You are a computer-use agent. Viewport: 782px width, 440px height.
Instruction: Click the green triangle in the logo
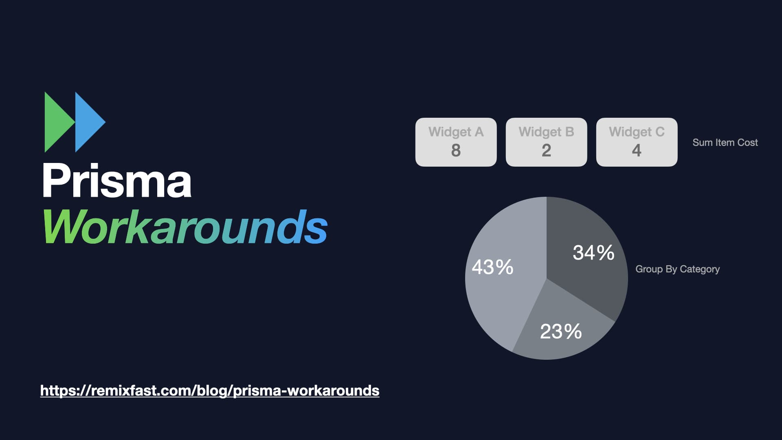pyautogui.click(x=57, y=122)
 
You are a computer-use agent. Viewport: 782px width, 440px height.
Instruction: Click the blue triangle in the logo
pyautogui.click(x=88, y=122)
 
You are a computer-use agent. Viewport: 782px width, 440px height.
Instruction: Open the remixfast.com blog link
pyautogui.click(x=210, y=391)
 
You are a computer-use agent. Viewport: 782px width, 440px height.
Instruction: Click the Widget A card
pyautogui.click(x=456, y=142)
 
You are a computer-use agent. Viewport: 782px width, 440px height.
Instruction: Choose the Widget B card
pyautogui.click(x=547, y=142)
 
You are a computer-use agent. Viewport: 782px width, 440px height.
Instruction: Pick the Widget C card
pyautogui.click(x=637, y=142)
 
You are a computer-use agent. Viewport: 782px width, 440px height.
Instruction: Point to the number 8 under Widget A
pyautogui.click(x=456, y=150)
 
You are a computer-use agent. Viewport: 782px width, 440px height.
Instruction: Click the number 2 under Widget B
pyautogui.click(x=547, y=150)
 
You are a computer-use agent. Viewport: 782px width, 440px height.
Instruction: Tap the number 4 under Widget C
pyautogui.click(x=637, y=150)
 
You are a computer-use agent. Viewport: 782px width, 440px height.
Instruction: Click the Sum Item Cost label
pyautogui.click(x=725, y=143)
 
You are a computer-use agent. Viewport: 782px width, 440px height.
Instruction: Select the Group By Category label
pyautogui.click(x=678, y=269)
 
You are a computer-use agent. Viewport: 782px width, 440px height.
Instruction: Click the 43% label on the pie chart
pyautogui.click(x=492, y=267)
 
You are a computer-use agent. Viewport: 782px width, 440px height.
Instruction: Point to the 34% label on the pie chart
pyautogui.click(x=593, y=253)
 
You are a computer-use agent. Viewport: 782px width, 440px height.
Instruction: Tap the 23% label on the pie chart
pyautogui.click(x=561, y=331)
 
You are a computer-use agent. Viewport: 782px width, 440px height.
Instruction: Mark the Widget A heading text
pyautogui.click(x=456, y=132)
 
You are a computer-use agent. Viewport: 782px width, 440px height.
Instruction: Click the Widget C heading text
pyautogui.click(x=637, y=132)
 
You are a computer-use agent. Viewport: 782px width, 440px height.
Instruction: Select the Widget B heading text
pyautogui.click(x=547, y=132)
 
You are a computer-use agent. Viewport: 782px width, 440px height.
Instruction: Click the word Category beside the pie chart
pyautogui.click(x=700, y=269)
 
